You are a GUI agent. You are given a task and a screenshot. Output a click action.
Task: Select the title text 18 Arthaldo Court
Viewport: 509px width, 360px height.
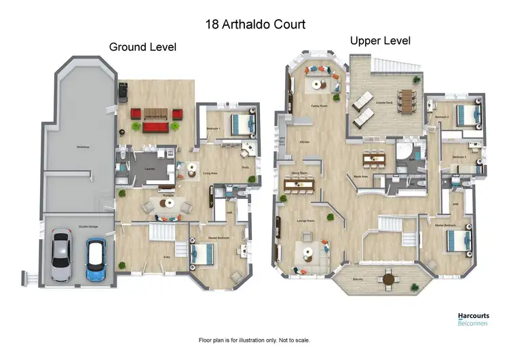click(255, 24)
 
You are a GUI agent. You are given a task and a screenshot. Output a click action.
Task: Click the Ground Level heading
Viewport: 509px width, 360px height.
click(143, 47)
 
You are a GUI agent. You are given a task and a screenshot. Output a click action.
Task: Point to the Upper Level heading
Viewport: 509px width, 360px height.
click(380, 41)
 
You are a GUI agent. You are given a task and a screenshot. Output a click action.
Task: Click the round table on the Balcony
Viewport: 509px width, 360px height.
click(388, 278)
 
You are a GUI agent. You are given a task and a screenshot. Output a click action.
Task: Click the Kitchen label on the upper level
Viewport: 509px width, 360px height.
click(304, 141)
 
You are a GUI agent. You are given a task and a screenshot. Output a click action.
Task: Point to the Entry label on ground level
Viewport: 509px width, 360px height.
click(168, 257)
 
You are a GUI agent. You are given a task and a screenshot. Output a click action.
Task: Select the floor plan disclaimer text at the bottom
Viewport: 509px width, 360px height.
click(254, 340)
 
